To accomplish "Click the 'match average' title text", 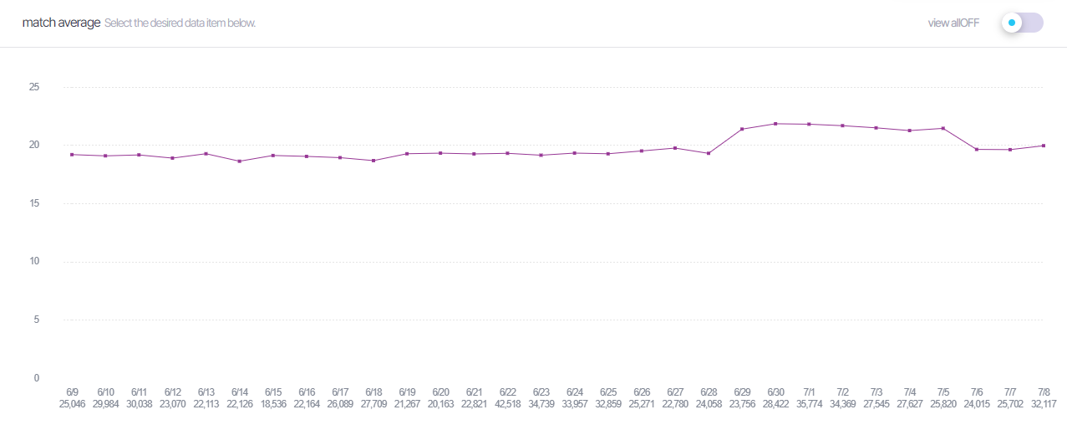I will [61, 23].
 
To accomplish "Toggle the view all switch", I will [1022, 23].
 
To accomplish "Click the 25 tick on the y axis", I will [34, 87].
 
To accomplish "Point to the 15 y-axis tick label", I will [34, 203].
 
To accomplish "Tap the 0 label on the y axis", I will [37, 378].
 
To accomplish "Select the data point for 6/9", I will [72, 155].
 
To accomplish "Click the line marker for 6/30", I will [776, 124].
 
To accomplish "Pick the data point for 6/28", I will [709, 153].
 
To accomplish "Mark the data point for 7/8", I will [1044, 146].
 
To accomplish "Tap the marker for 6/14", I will [240, 161].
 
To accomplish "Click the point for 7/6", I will [977, 149].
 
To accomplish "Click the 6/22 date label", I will [508, 392].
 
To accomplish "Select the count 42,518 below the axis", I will [508, 403].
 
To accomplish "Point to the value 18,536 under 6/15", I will [273, 403].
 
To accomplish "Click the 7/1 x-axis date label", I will [810, 392].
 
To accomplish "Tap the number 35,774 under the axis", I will [810, 403].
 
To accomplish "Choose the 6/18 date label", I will [373, 392].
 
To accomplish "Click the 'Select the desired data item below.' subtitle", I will [180, 23].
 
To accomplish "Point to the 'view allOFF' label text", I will [953, 23].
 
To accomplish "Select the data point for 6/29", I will [742, 129].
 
